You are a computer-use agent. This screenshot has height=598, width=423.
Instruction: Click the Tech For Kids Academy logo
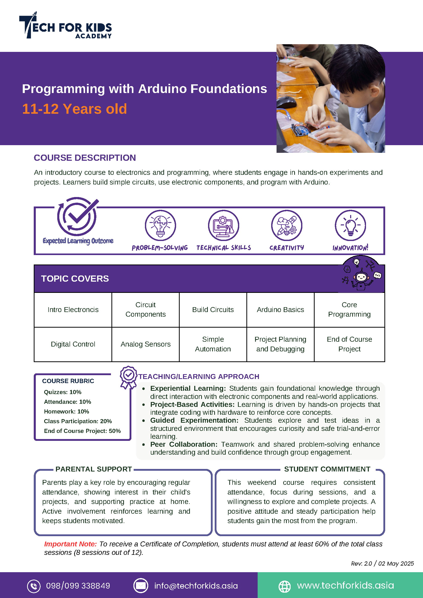coord(65,26)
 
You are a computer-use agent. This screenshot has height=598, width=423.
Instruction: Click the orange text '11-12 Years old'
coord(74,109)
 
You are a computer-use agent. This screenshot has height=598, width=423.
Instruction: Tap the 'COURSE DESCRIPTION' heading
coord(85,158)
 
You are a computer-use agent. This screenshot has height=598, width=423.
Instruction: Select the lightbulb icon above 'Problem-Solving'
coord(161,225)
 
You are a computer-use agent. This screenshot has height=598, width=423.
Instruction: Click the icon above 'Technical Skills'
coord(223,225)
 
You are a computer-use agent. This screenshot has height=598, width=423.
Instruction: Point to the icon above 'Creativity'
coord(287,225)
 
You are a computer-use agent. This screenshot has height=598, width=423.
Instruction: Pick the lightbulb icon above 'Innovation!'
coord(350,225)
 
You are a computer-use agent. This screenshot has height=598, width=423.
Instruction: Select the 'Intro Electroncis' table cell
coord(73,310)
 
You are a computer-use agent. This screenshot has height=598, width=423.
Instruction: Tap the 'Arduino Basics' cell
coord(281,310)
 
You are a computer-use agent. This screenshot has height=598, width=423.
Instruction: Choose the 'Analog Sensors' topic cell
coord(146,344)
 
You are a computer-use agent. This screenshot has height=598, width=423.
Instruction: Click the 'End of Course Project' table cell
coord(350,344)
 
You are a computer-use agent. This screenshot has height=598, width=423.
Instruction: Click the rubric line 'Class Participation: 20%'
coord(78,421)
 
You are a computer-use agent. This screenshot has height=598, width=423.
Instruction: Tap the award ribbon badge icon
coord(128,377)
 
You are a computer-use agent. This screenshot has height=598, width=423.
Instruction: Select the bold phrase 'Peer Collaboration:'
coord(184,444)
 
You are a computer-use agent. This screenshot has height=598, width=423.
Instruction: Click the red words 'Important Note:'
coord(70,544)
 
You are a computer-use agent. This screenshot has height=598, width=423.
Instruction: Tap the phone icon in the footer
coord(34,586)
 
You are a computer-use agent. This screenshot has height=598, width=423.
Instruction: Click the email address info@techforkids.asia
coord(196,586)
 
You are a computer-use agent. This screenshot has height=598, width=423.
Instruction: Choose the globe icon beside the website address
coord(284,586)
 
